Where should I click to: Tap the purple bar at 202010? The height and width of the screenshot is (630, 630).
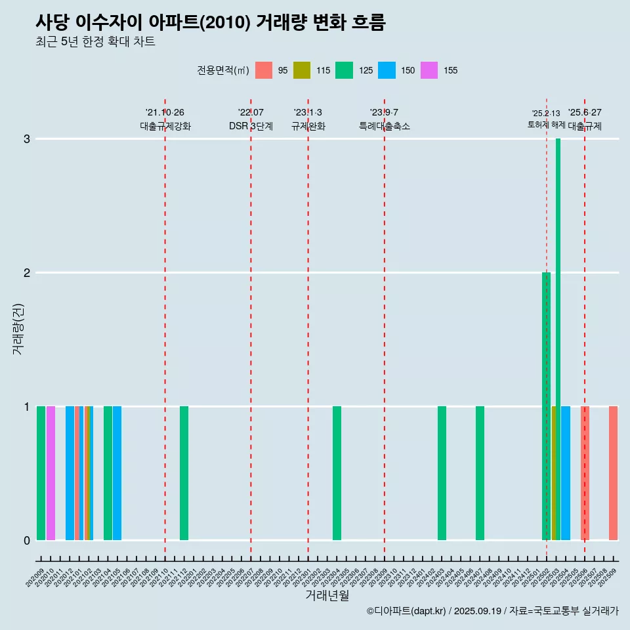(x=51, y=472)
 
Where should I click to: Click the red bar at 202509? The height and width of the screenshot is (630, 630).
(x=613, y=472)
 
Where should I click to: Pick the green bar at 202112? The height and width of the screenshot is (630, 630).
(x=184, y=472)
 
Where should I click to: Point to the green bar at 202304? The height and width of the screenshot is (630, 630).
(x=337, y=472)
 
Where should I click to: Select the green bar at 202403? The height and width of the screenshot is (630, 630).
(x=442, y=472)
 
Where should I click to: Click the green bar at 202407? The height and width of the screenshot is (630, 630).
(x=480, y=472)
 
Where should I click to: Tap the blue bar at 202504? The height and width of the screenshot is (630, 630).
(x=566, y=472)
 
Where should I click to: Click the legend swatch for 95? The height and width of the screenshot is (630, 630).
(x=264, y=70)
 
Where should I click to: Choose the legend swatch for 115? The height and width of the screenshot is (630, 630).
(x=302, y=70)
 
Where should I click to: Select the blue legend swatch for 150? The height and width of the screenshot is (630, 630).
(x=387, y=70)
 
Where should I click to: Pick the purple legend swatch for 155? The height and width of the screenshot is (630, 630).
(x=429, y=70)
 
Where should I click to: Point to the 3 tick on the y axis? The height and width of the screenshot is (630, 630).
(x=26, y=139)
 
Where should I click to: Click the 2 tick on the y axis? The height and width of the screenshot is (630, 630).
(x=26, y=273)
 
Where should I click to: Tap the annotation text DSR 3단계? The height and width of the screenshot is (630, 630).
(x=251, y=126)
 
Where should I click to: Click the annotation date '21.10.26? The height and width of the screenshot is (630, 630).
(x=165, y=112)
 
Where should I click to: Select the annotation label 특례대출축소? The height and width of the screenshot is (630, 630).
(x=385, y=126)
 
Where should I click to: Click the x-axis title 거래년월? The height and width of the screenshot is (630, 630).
(x=327, y=595)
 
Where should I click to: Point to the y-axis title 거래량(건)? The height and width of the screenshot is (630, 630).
(x=18, y=328)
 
